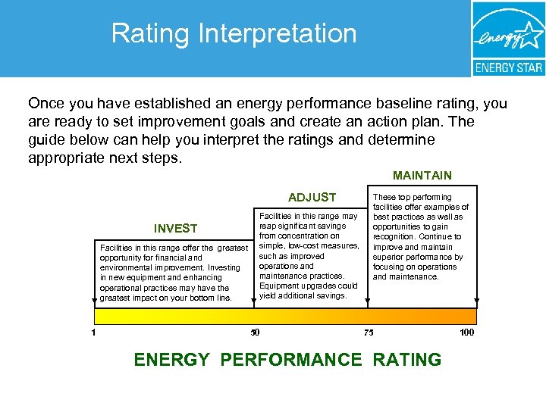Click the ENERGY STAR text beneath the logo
(x=508, y=67)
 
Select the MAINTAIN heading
(x=422, y=176)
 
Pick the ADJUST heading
(x=312, y=198)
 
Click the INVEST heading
(x=175, y=229)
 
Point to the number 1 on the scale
(x=93, y=332)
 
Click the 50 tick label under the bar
(x=255, y=332)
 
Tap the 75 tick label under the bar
(x=368, y=332)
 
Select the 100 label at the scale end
(x=467, y=332)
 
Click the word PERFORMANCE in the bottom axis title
(x=291, y=360)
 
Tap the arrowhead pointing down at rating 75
(x=367, y=304)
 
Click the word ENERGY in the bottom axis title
(x=171, y=360)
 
